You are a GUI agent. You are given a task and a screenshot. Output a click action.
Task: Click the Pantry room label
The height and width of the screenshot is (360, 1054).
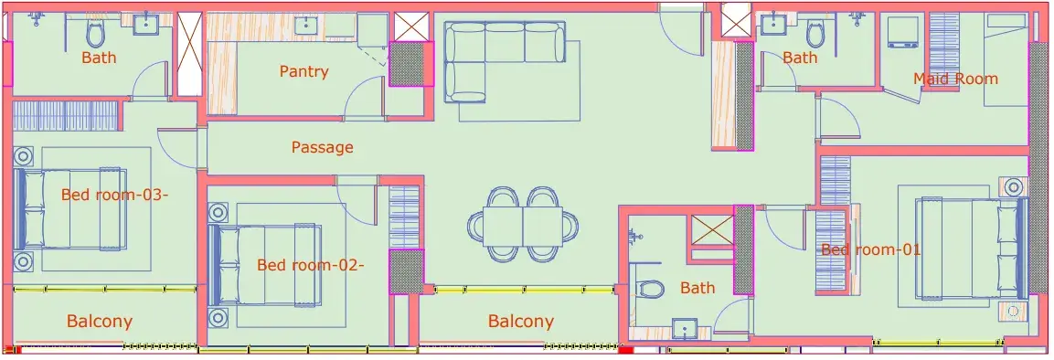coord(303,71)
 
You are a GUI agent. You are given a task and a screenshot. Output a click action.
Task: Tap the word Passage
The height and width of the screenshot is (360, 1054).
coord(322,147)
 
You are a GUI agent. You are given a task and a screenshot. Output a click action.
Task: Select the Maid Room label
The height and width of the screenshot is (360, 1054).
coord(955,79)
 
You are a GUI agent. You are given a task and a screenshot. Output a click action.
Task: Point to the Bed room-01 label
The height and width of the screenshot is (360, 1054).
coord(870,249)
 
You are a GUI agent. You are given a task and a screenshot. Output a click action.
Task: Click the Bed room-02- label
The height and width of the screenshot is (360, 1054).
coord(311,265)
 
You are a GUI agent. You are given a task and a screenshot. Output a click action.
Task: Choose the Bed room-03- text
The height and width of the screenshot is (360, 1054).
coord(114,195)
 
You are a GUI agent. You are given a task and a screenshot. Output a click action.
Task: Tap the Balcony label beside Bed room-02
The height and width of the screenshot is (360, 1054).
coord(521,321)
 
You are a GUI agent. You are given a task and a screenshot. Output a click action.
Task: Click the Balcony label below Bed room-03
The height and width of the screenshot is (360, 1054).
coord(100,321)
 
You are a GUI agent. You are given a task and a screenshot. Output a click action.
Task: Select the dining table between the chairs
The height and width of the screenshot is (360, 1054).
coord(523,226)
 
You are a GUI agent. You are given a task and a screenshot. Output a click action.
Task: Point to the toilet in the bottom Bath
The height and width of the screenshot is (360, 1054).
coord(650,289)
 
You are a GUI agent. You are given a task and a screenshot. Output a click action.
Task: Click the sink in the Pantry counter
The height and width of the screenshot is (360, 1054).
coord(307,26)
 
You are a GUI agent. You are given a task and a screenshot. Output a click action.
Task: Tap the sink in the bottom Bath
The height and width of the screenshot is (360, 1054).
coord(685,331)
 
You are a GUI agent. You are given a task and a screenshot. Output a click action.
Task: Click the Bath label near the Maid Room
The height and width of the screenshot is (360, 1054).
coord(800,58)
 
